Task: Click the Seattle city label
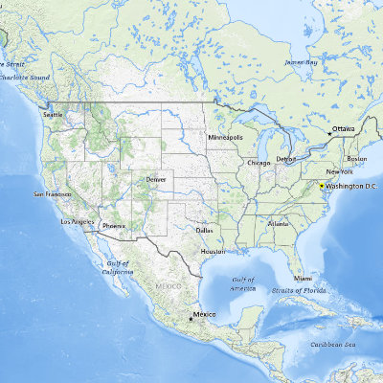pos(54,115)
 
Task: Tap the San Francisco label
pos(52,194)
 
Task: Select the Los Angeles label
pos(78,221)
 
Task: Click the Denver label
pos(156,179)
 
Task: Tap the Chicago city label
pos(259,163)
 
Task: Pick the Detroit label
pos(285,158)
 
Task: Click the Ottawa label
pos(343,128)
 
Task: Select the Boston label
pos(356,158)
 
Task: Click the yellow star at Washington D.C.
pos(322,185)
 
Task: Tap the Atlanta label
pos(279,223)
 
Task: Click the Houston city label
pos(213,251)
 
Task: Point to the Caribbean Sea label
pos(333,345)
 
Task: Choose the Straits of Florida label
pos(312,288)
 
